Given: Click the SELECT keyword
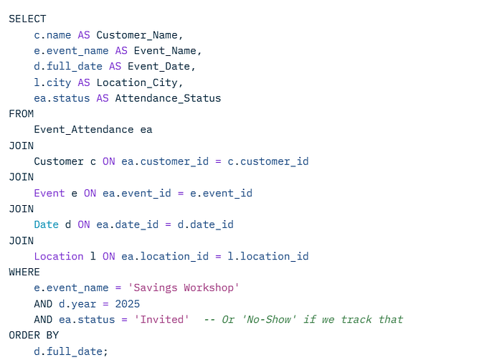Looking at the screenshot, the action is click(27, 19).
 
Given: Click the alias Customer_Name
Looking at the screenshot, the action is click(137, 35).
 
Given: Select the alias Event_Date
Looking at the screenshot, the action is click(158, 66).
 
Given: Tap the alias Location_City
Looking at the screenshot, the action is click(137, 82).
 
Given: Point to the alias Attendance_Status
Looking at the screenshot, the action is click(168, 98).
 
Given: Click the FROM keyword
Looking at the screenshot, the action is click(21, 114).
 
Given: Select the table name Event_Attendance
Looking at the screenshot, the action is click(84, 129).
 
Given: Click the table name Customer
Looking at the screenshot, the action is click(59, 161).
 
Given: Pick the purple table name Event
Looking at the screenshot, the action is click(49, 193).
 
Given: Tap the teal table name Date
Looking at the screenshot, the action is click(47, 224).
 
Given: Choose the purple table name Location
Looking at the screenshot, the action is click(59, 256).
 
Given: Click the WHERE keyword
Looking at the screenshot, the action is click(24, 272).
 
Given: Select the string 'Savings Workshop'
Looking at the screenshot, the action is click(184, 288).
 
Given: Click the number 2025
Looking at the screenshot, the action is click(128, 303).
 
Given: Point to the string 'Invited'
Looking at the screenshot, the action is click(161, 319).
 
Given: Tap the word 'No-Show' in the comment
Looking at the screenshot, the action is click(269, 319).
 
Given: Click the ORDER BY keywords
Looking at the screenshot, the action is click(34, 336).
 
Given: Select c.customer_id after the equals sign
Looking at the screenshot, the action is click(268, 161).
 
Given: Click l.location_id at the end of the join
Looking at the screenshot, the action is click(268, 256).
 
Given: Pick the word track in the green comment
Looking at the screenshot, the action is click(356, 319).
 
